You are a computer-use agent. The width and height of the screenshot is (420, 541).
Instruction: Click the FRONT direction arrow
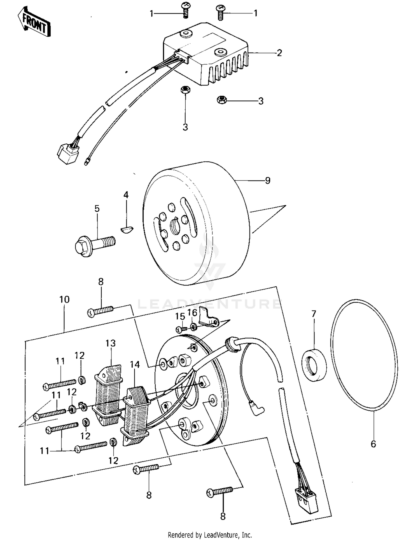(34, 22)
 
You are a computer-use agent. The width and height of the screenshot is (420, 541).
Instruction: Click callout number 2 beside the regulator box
(279, 53)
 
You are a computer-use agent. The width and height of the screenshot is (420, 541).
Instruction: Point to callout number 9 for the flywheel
(267, 180)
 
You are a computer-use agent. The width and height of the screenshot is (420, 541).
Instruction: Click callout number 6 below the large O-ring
(373, 444)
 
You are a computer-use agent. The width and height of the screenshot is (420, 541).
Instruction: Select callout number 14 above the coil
(134, 364)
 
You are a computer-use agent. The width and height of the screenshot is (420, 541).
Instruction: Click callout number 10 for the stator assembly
(64, 300)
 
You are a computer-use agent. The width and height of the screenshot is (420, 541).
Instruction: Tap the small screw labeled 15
(181, 329)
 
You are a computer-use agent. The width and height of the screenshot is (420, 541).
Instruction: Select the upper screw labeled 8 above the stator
(101, 311)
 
